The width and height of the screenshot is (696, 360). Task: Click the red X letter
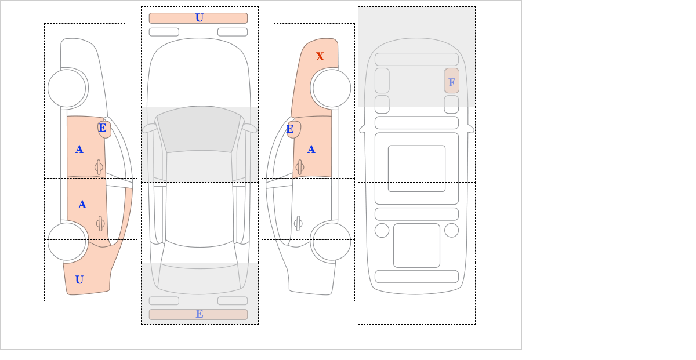pyautogui.click(x=320, y=56)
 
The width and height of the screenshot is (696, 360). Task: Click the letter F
pyautogui.click(x=452, y=82)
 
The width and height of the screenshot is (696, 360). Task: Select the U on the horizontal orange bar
pyautogui.click(x=200, y=18)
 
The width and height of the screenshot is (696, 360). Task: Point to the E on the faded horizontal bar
pyautogui.click(x=200, y=314)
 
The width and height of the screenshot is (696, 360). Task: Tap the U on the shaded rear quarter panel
pyautogui.click(x=79, y=280)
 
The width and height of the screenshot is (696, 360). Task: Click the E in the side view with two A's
pyautogui.click(x=103, y=128)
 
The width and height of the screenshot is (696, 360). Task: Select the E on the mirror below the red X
pyautogui.click(x=290, y=129)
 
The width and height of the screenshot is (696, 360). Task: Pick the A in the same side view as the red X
pyautogui.click(x=311, y=150)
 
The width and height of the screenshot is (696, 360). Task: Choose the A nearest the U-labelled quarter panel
pyautogui.click(x=82, y=205)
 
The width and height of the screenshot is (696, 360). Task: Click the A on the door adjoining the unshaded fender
pyautogui.click(x=79, y=150)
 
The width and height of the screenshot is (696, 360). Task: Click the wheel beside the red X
pyautogui.click(x=332, y=89)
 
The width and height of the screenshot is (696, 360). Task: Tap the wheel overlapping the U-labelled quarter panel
pyautogui.click(x=67, y=241)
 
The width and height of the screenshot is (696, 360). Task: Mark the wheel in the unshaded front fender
pyautogui.click(x=67, y=89)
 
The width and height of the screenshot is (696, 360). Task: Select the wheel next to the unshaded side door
pyautogui.click(x=332, y=241)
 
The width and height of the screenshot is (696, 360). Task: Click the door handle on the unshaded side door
pyautogui.click(x=298, y=223)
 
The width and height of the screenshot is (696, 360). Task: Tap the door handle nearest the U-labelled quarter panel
pyautogui.click(x=100, y=223)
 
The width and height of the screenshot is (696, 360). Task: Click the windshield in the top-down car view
pyautogui.click(x=199, y=129)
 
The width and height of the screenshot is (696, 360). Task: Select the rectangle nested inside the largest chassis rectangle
pyautogui.click(x=416, y=168)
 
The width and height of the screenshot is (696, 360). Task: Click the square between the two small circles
pyautogui.click(x=416, y=245)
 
